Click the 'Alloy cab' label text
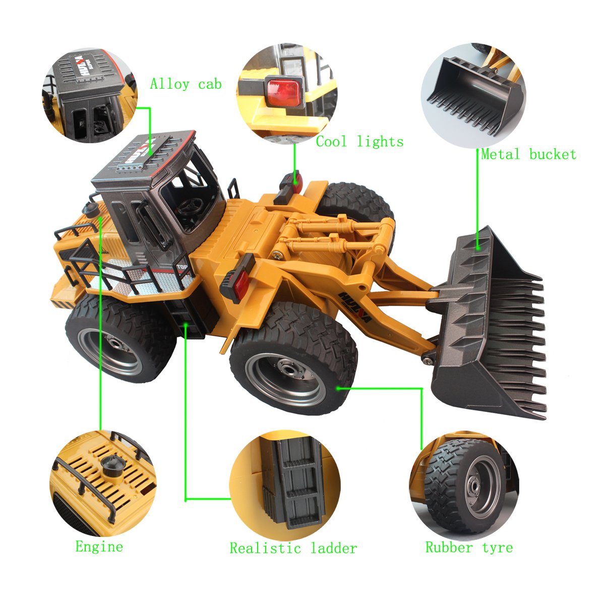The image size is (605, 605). click(x=186, y=84)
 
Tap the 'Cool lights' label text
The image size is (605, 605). click(x=359, y=142)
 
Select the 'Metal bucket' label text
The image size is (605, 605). click(x=528, y=154)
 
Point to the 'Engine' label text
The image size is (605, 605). click(x=99, y=547)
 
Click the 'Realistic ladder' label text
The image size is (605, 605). click(x=293, y=548)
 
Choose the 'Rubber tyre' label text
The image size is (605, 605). click(x=469, y=547)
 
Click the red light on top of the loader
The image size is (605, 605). click(x=294, y=181)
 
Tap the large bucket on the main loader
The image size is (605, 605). click(x=487, y=328)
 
